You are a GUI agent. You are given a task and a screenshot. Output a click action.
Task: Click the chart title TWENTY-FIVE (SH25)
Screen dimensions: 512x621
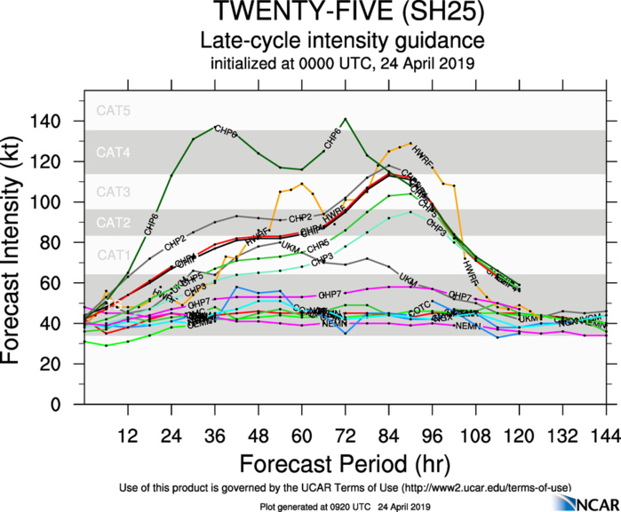(x=341, y=14)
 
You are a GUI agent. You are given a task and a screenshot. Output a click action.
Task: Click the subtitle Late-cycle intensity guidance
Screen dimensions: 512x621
(x=341, y=41)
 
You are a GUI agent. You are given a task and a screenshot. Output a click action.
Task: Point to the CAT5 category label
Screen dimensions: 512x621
(x=114, y=111)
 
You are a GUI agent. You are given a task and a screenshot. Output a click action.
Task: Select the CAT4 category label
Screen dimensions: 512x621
(x=114, y=153)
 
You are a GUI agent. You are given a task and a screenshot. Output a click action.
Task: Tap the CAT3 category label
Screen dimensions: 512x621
(x=114, y=191)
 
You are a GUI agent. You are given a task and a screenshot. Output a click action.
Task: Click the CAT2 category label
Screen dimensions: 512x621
(x=114, y=222)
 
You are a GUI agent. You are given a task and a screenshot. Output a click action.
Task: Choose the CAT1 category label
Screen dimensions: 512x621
(x=114, y=256)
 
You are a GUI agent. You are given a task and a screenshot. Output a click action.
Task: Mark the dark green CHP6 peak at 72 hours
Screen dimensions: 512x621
(x=345, y=119)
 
